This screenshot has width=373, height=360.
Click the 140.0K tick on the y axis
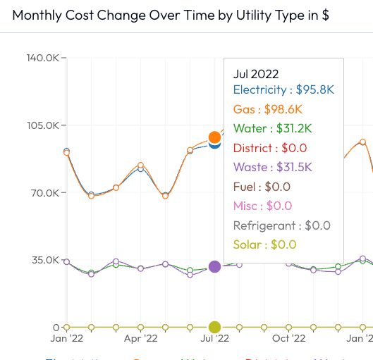pyautogui.click(x=42, y=58)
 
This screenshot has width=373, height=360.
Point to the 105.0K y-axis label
pyautogui.click(x=42, y=125)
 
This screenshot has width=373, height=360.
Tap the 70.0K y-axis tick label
pyautogui.click(x=44, y=192)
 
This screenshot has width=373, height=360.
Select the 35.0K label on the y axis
pyautogui.click(x=44, y=260)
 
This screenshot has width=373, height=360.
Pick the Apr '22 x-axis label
pyautogui.click(x=141, y=339)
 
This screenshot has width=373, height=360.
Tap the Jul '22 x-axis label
pyautogui.click(x=214, y=339)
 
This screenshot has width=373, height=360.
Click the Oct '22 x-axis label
pyautogui.click(x=289, y=339)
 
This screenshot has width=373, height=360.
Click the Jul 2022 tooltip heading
pyautogui.click(x=256, y=74)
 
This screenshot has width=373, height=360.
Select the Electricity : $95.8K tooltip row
pyautogui.click(x=283, y=90)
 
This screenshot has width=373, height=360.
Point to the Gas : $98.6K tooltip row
pyautogui.click(x=267, y=109)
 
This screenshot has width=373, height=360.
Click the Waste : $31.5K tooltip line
pyautogui.click(x=272, y=167)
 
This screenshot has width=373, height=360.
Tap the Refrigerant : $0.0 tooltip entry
pyautogui.click(x=281, y=225)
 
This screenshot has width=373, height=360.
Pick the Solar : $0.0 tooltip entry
pyautogui.click(x=264, y=244)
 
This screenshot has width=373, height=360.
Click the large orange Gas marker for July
pyautogui.click(x=214, y=137)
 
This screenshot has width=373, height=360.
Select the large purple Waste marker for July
pyautogui.click(x=214, y=266)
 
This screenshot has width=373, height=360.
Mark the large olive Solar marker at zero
pyautogui.click(x=214, y=327)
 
